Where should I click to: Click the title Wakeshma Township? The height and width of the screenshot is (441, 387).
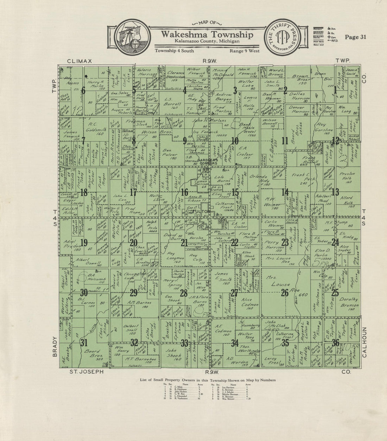click(207, 35)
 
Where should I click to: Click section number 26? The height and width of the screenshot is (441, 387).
click(285, 292)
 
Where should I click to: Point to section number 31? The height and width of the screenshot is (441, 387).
click(84, 342)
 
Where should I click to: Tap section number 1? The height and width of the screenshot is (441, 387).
click(336, 91)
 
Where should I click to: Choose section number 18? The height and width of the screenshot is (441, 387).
click(84, 192)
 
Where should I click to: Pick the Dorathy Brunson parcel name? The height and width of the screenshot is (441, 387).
click(348, 302)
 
